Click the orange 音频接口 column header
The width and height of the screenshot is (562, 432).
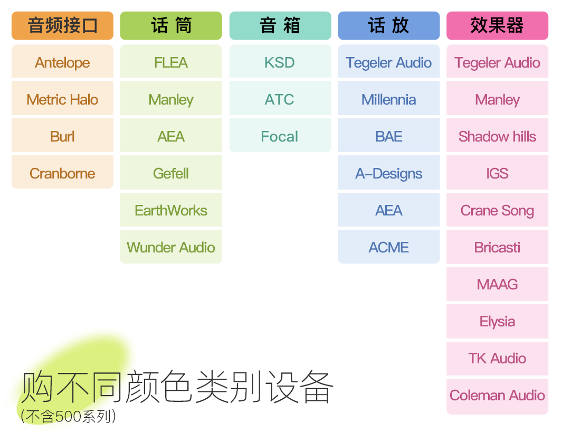[62, 25]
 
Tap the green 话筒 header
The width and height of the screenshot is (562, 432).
[171, 25]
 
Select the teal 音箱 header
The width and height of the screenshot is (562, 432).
[280, 25]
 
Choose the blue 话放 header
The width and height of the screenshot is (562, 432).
[389, 25]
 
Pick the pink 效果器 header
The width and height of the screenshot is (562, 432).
[498, 25]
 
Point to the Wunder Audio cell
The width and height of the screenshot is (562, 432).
[171, 247]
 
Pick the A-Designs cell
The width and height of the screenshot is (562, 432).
[389, 173]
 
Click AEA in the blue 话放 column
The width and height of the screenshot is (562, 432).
[389, 210]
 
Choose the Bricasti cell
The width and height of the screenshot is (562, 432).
[498, 247]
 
